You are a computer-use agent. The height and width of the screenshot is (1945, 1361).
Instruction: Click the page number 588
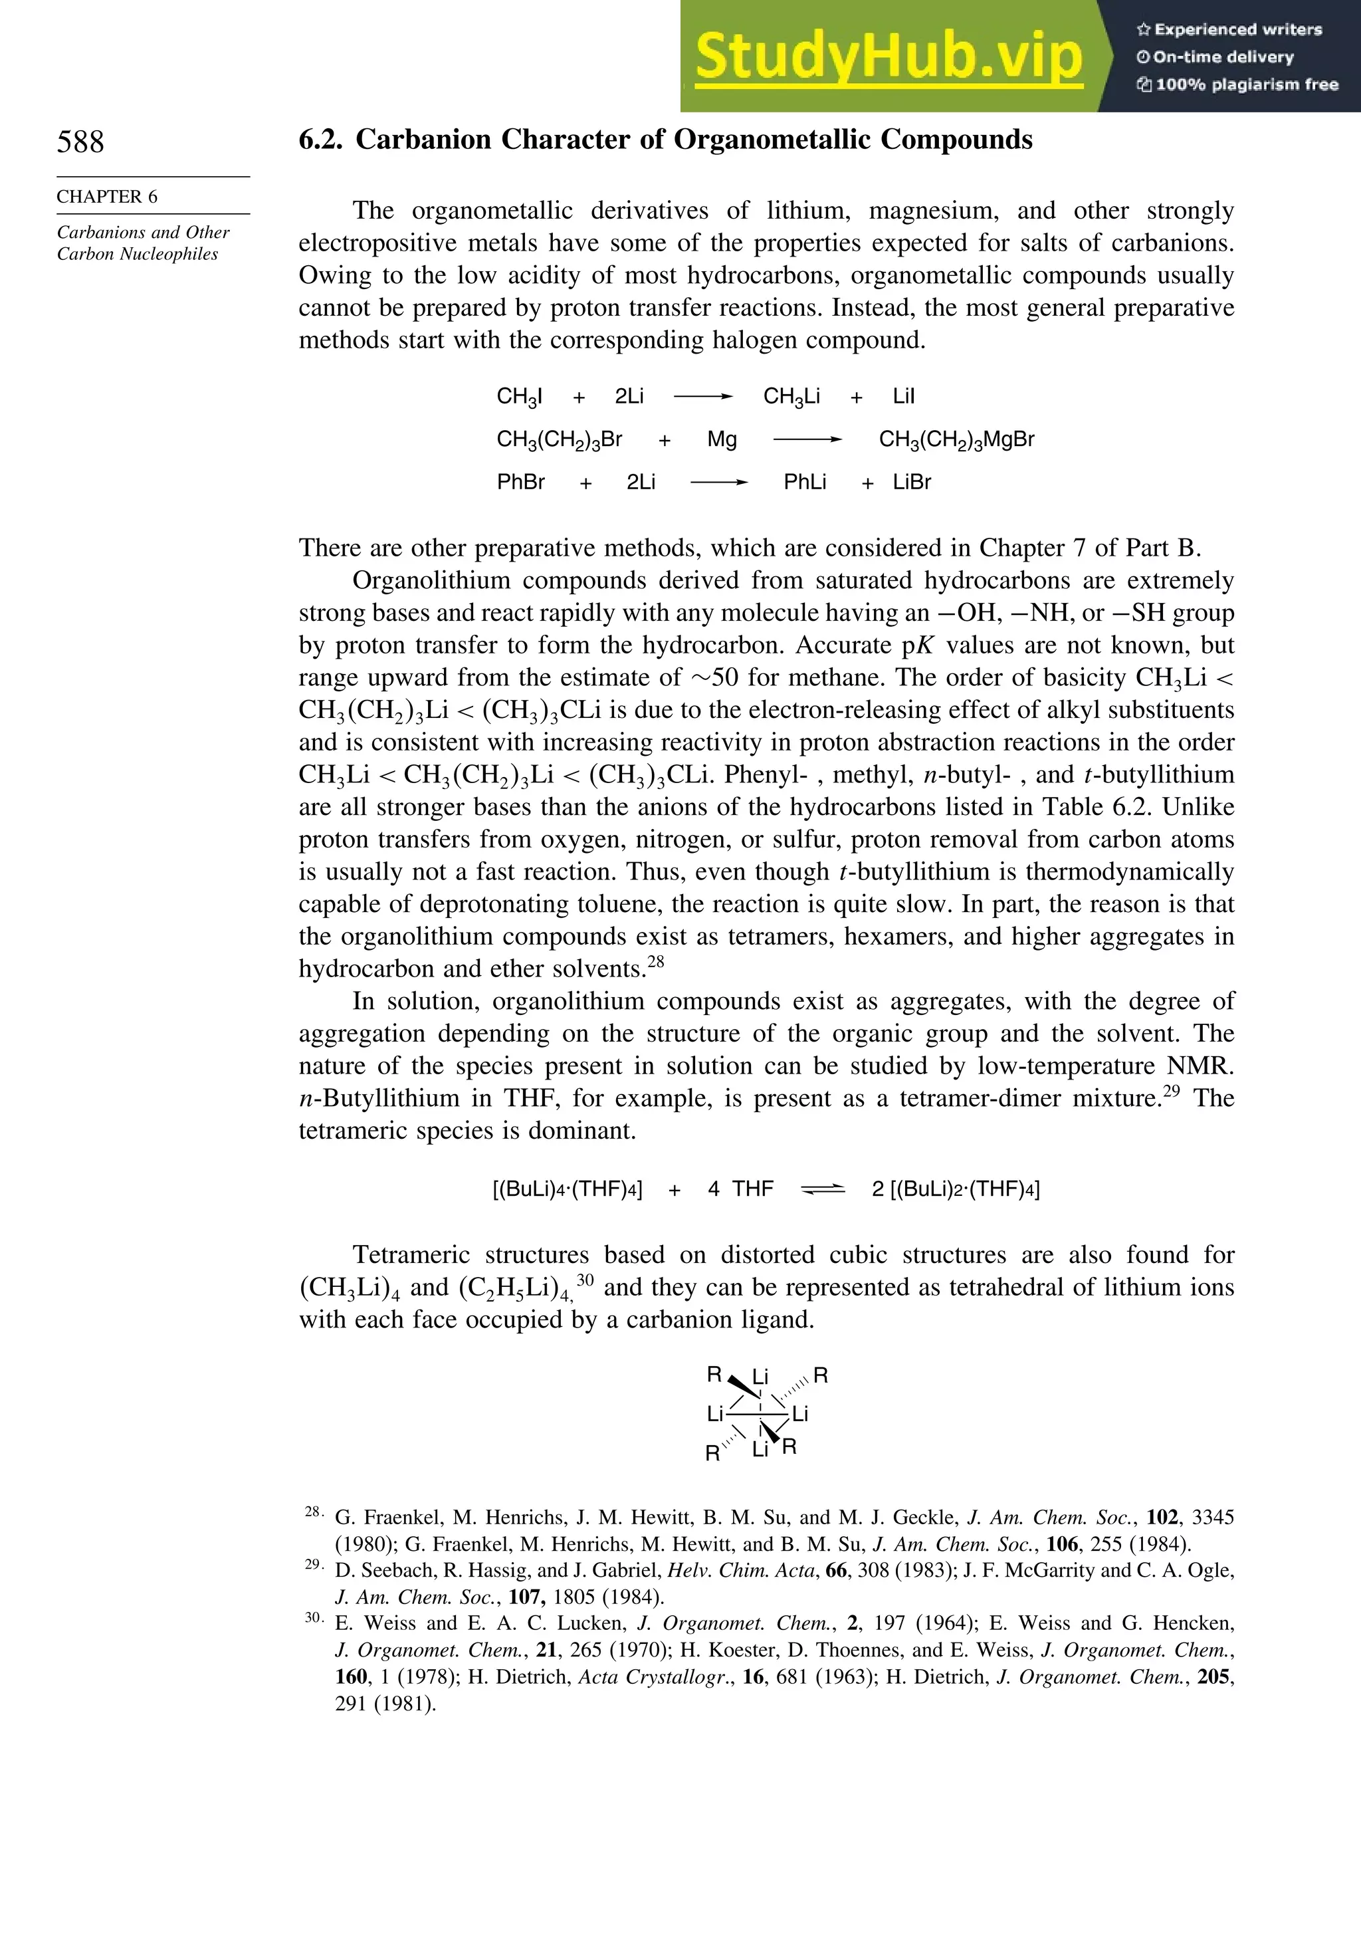tap(80, 142)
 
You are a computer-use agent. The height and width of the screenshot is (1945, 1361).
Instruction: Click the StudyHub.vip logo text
tap(889, 56)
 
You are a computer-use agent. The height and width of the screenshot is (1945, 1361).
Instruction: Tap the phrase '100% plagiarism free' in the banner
tap(1246, 84)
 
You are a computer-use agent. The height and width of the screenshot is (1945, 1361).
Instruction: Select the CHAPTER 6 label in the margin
tap(107, 197)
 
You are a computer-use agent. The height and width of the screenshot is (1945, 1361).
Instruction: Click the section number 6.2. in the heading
tap(321, 140)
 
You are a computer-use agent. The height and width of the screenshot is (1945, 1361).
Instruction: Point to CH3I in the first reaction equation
tap(519, 396)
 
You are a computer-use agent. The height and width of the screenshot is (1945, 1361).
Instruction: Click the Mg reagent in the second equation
tap(722, 439)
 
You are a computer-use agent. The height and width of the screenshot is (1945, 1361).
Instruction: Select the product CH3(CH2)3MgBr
tap(956, 439)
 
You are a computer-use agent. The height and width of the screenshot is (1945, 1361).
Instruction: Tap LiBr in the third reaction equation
tap(911, 483)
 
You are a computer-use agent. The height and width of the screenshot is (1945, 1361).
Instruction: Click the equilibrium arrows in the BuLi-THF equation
tap(822, 1189)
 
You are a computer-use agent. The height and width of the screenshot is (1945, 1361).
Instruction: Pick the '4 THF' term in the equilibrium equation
tap(740, 1189)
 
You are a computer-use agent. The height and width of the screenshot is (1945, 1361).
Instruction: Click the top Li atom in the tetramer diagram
tap(760, 1377)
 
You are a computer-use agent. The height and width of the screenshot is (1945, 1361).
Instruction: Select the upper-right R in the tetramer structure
tap(820, 1375)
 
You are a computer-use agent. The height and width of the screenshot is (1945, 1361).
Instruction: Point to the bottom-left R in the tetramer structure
tap(712, 1454)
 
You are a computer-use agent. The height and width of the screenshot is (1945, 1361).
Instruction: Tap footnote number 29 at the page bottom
tap(312, 1565)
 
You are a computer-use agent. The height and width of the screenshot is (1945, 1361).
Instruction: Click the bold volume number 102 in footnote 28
tap(1162, 1517)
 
